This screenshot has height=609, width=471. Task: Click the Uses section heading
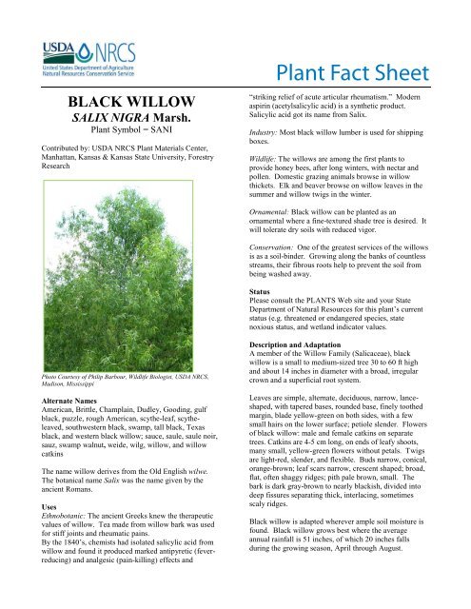tap(30, 480)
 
